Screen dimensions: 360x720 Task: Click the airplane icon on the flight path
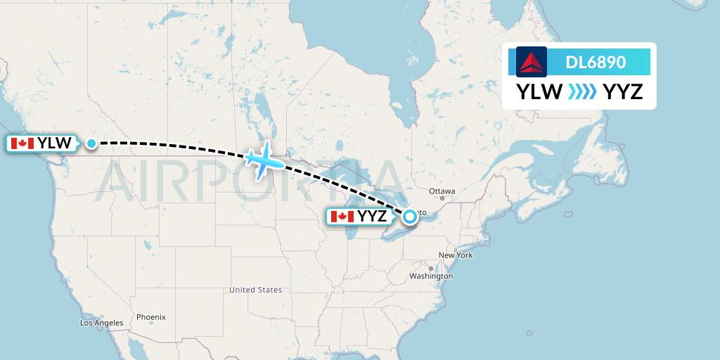pos(264,160)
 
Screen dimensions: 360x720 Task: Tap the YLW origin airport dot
pos(91,143)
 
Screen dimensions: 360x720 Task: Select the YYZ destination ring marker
pos(410,217)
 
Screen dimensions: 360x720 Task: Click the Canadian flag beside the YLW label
pos(22,143)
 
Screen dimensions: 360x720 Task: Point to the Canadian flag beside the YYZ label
pos(342,217)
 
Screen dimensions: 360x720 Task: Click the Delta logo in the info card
pos(532,62)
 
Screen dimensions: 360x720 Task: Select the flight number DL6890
pos(596,62)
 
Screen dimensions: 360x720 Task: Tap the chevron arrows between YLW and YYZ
pos(582,91)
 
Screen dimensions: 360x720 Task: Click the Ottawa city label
pos(442,191)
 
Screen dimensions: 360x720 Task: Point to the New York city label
pos(456,255)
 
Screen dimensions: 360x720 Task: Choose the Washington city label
pos(431,276)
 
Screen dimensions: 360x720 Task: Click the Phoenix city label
pos(150,317)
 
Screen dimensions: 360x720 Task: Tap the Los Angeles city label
pos(102,323)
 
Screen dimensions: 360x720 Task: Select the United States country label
pos(255,290)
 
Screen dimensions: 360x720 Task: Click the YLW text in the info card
pos(539,91)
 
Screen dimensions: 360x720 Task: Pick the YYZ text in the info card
pos(623,91)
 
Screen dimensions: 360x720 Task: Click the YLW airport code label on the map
pos(54,143)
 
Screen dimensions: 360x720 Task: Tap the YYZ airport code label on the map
pos(373,217)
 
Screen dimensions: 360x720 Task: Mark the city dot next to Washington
pos(430,269)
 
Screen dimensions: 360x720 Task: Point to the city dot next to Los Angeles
pos(103,316)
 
